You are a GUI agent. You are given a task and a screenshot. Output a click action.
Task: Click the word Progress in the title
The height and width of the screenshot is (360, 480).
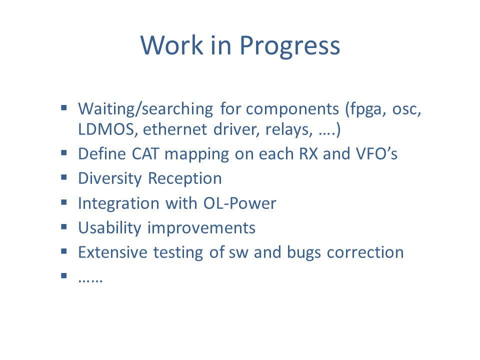click(289, 46)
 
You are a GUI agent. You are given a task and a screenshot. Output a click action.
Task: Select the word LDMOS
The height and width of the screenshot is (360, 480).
click(106, 129)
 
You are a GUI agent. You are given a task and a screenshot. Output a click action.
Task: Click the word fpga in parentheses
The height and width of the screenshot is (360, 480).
click(363, 109)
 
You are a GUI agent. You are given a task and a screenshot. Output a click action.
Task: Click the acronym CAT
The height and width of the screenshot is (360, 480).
click(145, 153)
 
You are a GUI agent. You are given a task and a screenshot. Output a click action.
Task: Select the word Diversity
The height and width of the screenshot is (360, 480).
click(110, 179)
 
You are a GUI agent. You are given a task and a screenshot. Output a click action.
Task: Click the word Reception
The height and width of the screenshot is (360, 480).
click(185, 179)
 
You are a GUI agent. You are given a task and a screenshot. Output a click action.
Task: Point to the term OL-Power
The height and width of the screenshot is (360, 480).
click(239, 203)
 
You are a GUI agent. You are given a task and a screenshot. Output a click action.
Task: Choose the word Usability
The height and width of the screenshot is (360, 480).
click(109, 228)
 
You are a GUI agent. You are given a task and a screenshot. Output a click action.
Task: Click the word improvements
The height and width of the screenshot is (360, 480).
click(201, 228)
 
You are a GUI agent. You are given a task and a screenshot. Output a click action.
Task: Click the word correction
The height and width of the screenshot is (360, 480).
click(365, 252)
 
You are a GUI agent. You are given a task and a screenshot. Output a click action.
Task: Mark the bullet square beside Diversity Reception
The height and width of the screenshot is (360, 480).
click(63, 177)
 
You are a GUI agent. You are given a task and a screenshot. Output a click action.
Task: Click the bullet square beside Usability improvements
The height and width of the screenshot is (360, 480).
click(63, 226)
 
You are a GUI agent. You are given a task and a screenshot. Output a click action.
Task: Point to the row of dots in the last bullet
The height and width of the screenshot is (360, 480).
click(90, 280)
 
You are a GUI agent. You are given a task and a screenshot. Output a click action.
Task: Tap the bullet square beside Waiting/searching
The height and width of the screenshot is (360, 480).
click(63, 107)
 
